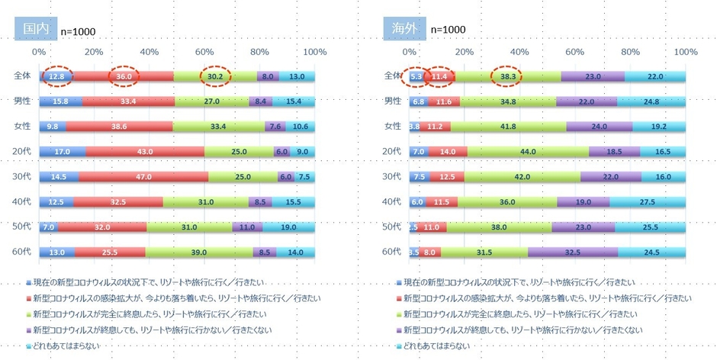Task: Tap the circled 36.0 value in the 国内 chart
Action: (x=124, y=76)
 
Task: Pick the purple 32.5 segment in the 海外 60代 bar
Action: (x=572, y=252)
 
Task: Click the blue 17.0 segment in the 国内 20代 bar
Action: (x=63, y=152)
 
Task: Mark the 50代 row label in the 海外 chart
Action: (x=392, y=227)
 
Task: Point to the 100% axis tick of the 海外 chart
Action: (x=686, y=52)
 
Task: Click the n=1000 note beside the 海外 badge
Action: (x=448, y=29)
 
